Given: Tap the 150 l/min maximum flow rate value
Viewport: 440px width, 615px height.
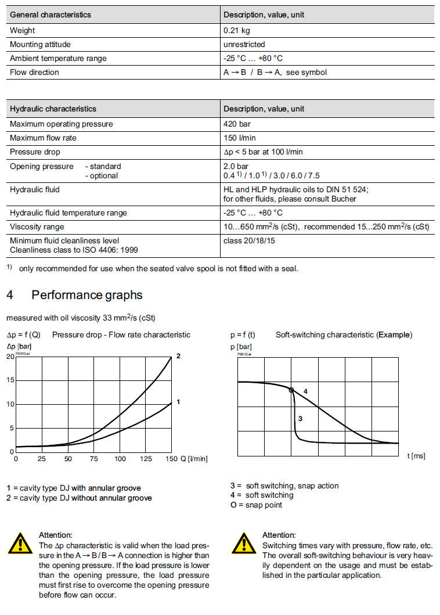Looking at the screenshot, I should coord(239,138).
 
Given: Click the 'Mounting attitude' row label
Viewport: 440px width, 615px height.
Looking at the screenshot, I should coord(41,44).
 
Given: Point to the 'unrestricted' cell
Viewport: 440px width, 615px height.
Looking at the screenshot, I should coord(244,44).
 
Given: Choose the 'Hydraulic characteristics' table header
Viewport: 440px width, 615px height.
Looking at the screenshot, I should coord(53,109).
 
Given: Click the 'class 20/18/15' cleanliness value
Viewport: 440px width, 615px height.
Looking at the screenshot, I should coord(249,240).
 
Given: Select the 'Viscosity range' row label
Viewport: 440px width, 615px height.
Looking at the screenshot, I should coord(37,226).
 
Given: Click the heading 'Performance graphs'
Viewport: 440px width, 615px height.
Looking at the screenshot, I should coord(86,295).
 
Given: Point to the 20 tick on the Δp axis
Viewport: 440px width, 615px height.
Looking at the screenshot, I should coord(10,356).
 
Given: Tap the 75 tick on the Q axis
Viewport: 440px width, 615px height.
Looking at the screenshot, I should coord(94,459).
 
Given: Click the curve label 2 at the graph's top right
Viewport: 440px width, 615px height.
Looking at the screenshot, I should coord(178,355).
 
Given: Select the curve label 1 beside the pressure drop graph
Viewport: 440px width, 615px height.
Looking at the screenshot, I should coord(178,401).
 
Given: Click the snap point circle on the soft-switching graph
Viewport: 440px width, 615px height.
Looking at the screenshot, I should coord(291,390).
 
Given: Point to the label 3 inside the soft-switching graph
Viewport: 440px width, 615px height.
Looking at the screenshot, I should coord(300,418).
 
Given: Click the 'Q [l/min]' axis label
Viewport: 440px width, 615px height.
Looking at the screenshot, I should coord(194,459).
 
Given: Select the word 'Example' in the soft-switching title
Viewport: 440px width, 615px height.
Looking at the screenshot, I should coord(394,335).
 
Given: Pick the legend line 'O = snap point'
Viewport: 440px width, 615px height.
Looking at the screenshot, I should coord(256,505).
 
